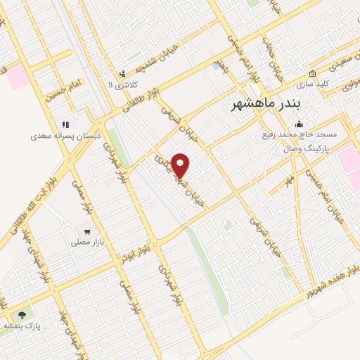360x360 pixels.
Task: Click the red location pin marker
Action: (x=181, y=165)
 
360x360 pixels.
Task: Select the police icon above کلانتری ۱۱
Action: (x=122, y=73)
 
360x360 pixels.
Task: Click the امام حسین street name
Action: (x=65, y=89)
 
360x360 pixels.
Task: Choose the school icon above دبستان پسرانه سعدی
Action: (x=66, y=124)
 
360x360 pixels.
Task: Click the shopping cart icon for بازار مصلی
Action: (x=87, y=231)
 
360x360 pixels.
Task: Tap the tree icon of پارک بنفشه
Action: (x=22, y=315)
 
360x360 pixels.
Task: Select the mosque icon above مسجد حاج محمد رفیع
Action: (x=299, y=124)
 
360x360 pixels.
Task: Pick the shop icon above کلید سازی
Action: (x=312, y=74)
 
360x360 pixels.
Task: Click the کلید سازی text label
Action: (x=312, y=84)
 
